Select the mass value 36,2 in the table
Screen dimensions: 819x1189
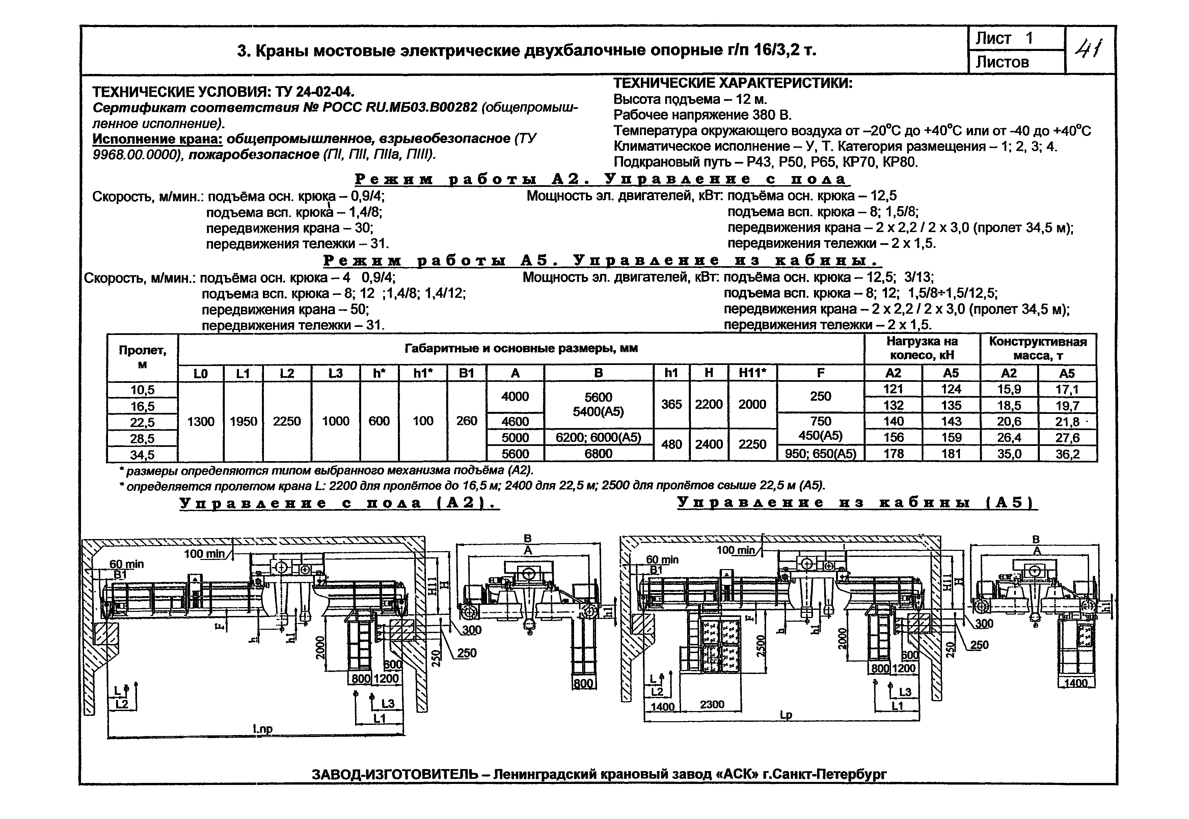coord(1067,454)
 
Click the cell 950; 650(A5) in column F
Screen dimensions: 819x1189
coord(820,454)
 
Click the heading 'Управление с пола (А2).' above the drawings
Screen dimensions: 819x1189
coord(339,503)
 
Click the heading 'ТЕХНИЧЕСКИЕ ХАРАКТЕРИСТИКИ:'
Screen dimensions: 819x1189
coord(733,83)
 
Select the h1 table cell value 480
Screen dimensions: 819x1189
coord(671,444)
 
